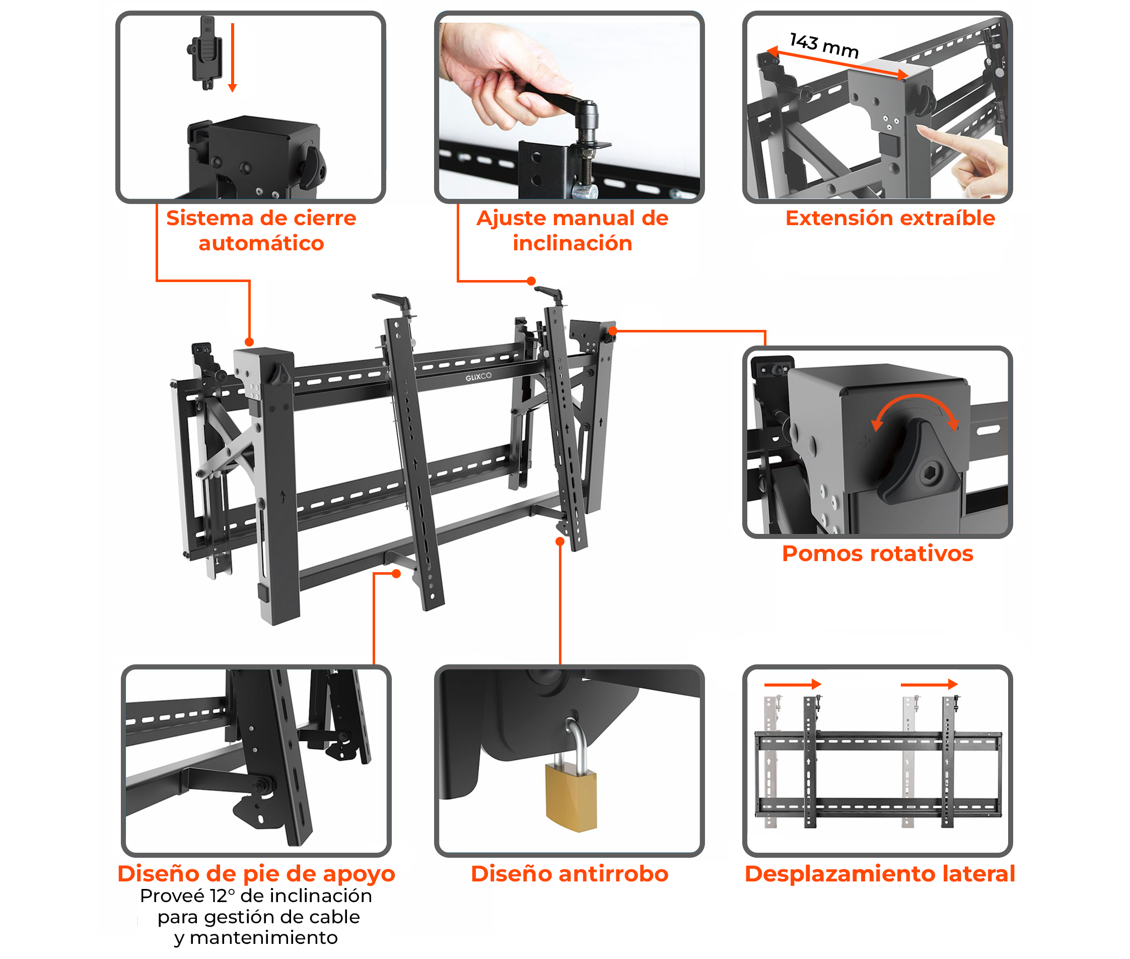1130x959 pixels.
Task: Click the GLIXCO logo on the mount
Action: click(x=478, y=376)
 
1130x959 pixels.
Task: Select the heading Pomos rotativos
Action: click(x=877, y=553)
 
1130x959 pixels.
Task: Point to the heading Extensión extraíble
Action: click(x=889, y=218)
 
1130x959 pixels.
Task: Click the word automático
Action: click(x=261, y=243)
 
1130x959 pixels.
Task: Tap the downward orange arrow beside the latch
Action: click(x=232, y=57)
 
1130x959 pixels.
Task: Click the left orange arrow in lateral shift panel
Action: click(x=792, y=684)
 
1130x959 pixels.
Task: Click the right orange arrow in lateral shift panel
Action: click(x=929, y=684)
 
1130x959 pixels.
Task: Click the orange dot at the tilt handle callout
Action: click(x=531, y=281)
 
